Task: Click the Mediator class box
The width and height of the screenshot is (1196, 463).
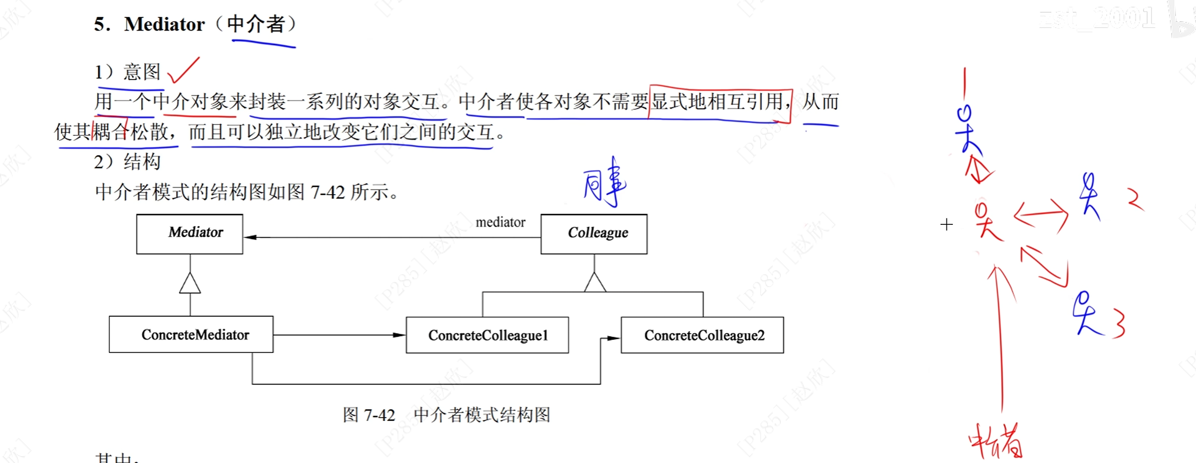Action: [190, 234]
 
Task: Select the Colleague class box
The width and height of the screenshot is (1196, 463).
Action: [594, 234]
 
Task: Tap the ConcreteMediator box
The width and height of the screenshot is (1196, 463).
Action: [191, 335]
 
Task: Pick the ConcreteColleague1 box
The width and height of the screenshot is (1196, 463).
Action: [487, 335]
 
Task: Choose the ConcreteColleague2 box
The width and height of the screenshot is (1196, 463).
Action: [702, 335]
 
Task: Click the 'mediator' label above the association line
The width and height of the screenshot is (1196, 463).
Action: [500, 222]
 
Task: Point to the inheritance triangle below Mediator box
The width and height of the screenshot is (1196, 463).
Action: [190, 284]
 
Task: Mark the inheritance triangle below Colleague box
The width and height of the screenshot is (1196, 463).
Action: [595, 282]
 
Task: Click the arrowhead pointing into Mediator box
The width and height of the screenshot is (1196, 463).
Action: [251, 237]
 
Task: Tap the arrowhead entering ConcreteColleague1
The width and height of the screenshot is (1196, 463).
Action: [399, 335]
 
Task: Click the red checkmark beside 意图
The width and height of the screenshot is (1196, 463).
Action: [183, 71]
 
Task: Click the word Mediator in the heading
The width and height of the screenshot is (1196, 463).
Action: [164, 24]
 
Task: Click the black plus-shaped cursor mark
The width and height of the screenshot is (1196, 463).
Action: [946, 225]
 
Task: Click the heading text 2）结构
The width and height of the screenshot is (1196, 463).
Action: [128, 162]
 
